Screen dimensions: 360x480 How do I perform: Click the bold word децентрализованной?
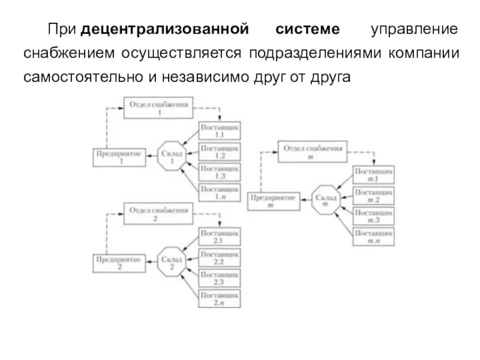(x=166, y=29)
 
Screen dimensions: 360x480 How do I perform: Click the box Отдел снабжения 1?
(x=159, y=107)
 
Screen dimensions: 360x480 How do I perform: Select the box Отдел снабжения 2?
(x=159, y=214)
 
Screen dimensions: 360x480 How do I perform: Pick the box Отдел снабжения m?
(x=313, y=151)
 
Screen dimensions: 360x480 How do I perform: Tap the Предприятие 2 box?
(x=120, y=263)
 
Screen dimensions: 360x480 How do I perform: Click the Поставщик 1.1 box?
(x=219, y=131)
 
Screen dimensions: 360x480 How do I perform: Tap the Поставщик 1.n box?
(x=219, y=193)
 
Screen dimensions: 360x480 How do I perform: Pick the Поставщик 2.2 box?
(x=219, y=259)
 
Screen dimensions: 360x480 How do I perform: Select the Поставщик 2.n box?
(x=219, y=299)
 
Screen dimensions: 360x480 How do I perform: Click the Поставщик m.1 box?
(x=373, y=176)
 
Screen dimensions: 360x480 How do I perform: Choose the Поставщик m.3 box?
(x=373, y=217)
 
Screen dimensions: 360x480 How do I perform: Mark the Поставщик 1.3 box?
(x=219, y=172)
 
